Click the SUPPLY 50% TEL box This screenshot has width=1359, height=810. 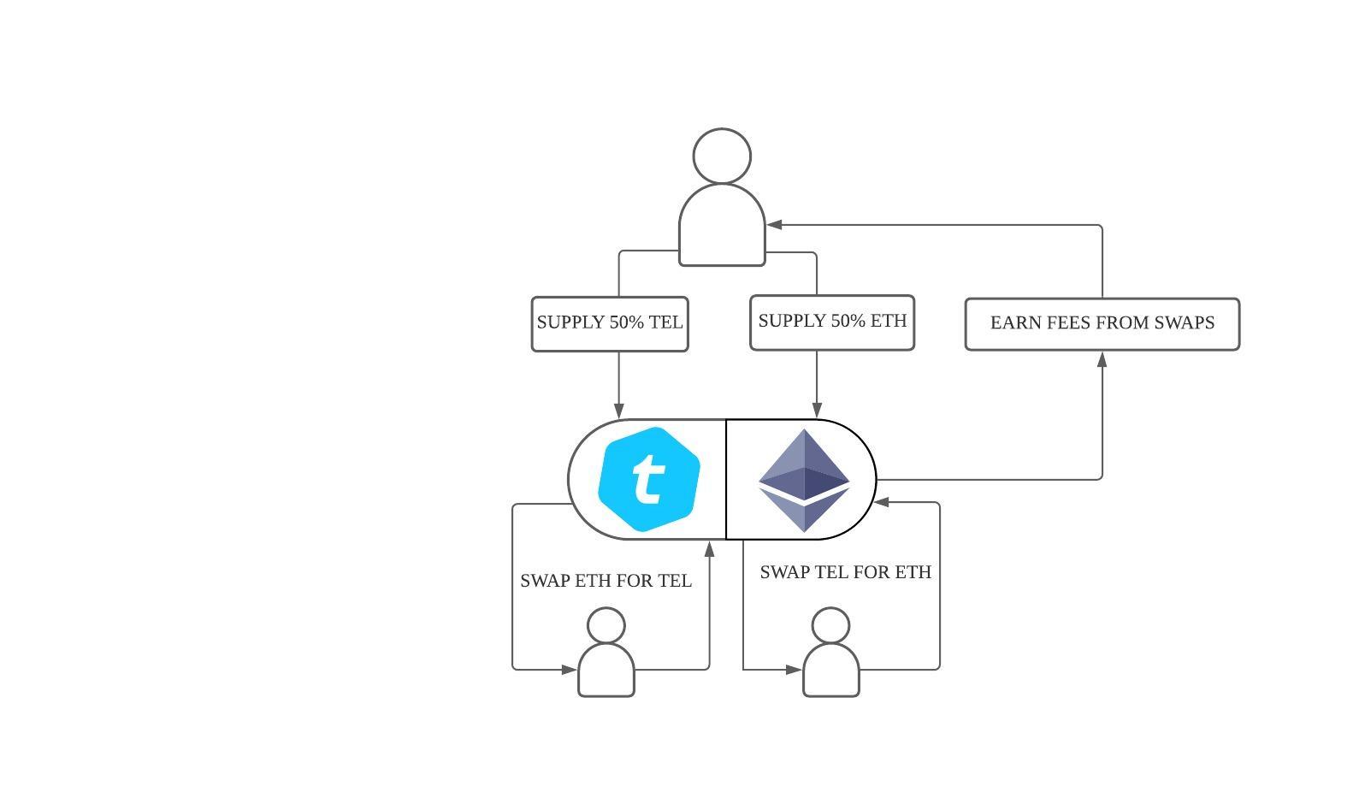click(x=610, y=323)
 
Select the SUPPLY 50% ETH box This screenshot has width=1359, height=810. click(x=832, y=322)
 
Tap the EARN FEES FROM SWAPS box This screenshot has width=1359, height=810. click(x=1102, y=323)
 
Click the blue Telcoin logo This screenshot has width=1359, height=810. click(x=649, y=479)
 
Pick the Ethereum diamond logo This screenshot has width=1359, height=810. click(x=803, y=480)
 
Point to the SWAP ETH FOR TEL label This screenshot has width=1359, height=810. click(x=606, y=581)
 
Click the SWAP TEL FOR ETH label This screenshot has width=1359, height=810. click(x=845, y=572)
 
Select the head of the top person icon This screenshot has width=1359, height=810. click(x=722, y=157)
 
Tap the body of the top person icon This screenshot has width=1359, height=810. click(x=722, y=228)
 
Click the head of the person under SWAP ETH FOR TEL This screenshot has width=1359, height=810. click(x=606, y=625)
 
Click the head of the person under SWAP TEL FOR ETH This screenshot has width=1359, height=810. click(x=830, y=625)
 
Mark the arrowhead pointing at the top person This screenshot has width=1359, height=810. click(x=774, y=225)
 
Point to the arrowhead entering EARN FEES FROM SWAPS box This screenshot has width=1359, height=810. click(x=1102, y=359)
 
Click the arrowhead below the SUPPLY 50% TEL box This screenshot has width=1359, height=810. click(x=619, y=411)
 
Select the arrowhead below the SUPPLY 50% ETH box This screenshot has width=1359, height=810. click(x=817, y=411)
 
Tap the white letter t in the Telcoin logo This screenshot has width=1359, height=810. click(x=649, y=479)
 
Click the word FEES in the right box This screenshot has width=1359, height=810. click(x=1069, y=323)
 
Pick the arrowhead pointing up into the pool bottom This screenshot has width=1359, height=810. click(x=709, y=548)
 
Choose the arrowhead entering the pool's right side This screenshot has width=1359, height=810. click(x=883, y=502)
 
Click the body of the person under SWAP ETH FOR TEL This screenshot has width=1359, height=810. click(x=606, y=672)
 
